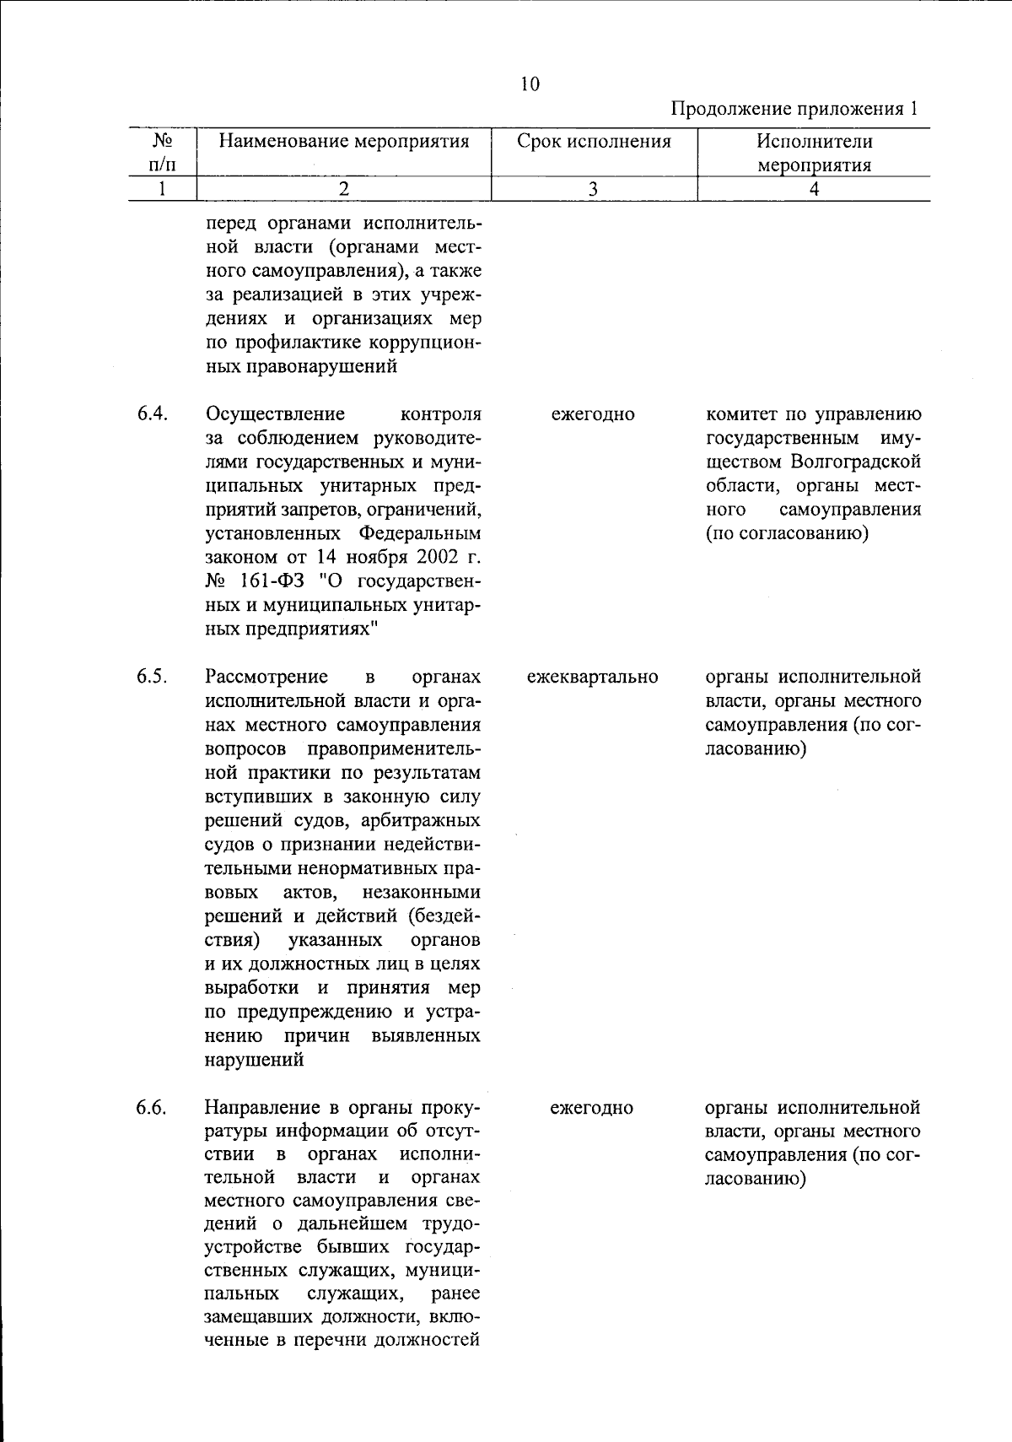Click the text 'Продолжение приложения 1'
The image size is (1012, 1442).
click(794, 109)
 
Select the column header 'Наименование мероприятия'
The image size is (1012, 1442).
click(343, 141)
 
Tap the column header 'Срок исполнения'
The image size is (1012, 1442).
click(594, 141)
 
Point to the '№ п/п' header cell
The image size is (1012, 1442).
click(162, 152)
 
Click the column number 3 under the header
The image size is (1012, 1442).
click(594, 189)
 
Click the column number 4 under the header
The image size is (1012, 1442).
click(813, 189)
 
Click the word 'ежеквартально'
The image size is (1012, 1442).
click(592, 677)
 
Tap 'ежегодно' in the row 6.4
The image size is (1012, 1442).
click(592, 414)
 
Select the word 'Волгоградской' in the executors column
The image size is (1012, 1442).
click(855, 462)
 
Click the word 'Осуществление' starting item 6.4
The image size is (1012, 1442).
click(275, 414)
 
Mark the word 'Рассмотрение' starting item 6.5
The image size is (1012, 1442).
click(266, 677)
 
